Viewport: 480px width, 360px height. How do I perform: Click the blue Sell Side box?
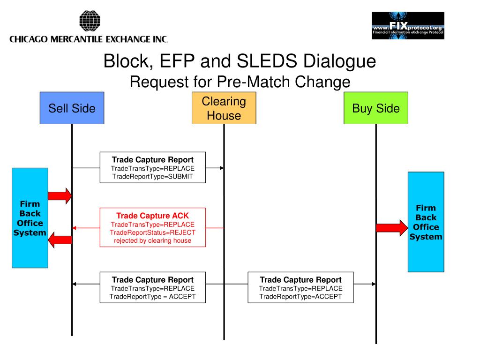tap(72, 108)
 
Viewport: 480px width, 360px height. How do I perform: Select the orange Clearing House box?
tap(224, 108)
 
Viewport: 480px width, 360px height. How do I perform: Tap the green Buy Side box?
tap(376, 108)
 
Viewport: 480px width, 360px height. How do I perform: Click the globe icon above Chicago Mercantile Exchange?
tap(90, 21)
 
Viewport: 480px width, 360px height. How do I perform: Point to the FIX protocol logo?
tap(408, 25)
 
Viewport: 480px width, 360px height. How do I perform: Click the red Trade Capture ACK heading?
tap(152, 216)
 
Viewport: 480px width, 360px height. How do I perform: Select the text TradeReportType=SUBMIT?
tap(152, 177)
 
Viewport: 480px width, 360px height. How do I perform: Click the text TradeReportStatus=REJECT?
tap(152, 232)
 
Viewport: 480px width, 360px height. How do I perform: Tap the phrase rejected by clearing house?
tap(152, 240)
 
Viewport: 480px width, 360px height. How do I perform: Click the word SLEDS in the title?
tap(267, 60)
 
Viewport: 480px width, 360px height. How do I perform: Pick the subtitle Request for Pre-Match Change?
tap(240, 82)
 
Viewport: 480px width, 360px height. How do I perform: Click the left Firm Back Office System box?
tap(30, 218)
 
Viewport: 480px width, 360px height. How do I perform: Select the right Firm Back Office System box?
tap(426, 222)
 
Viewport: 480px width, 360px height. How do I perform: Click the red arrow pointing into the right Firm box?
tap(392, 228)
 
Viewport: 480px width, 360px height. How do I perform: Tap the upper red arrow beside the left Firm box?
tap(60, 196)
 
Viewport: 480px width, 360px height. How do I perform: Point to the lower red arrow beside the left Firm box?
tap(60, 240)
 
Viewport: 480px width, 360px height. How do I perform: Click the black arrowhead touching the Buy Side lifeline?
tap(374, 284)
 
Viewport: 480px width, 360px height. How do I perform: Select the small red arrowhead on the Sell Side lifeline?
tap(75, 228)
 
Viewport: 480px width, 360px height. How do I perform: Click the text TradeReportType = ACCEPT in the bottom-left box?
tap(152, 297)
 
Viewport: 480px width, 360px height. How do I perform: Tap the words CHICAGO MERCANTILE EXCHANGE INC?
tap(89, 39)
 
